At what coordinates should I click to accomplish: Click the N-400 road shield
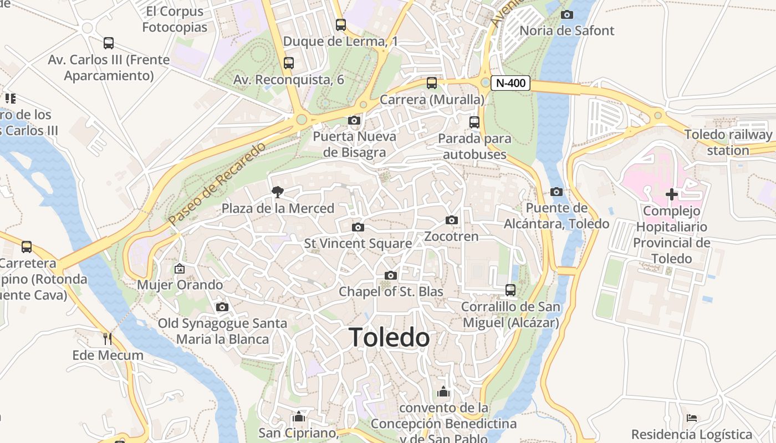coord(510,84)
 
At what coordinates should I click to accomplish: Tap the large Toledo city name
coord(389,337)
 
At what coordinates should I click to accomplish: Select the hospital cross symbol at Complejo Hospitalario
coord(672,194)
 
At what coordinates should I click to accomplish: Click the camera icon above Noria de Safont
coord(567,15)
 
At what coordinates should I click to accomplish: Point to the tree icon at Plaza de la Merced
coord(277,192)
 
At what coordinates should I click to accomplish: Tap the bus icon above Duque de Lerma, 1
coord(340,25)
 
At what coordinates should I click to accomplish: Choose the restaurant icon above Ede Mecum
coord(108,338)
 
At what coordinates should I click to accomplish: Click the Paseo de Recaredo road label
coord(217,184)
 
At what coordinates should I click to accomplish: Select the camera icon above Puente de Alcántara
coord(557,192)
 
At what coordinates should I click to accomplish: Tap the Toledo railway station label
coord(728,142)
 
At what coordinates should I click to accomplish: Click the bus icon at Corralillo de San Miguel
coord(510,290)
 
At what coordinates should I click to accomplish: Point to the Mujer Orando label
coord(180,285)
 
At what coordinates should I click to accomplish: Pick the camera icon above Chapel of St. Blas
coord(391,276)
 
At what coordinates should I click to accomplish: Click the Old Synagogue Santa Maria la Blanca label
coord(222,331)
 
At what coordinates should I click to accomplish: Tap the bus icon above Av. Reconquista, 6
coord(288,63)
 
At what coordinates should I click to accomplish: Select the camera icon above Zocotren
coord(452,220)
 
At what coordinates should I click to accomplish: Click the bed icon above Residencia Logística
coord(692,418)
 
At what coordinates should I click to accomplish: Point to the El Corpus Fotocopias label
coord(175,19)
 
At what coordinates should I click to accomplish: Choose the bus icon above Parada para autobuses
coord(474,122)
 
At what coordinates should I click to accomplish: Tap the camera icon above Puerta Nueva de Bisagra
coord(354,121)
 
